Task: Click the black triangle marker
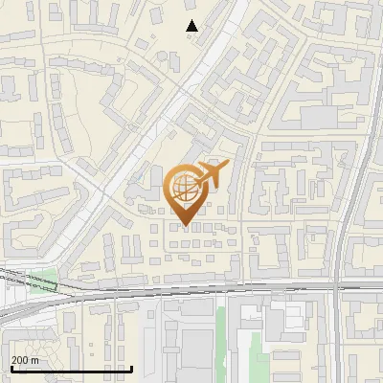click(192, 26)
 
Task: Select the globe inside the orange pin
click(185, 188)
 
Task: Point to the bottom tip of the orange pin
click(185, 226)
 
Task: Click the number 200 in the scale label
click(21, 359)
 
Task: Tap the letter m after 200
click(36, 359)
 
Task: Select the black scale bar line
click(72, 369)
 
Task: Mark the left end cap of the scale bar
click(11, 369)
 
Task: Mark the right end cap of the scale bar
click(132, 369)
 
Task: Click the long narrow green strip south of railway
click(222, 340)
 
